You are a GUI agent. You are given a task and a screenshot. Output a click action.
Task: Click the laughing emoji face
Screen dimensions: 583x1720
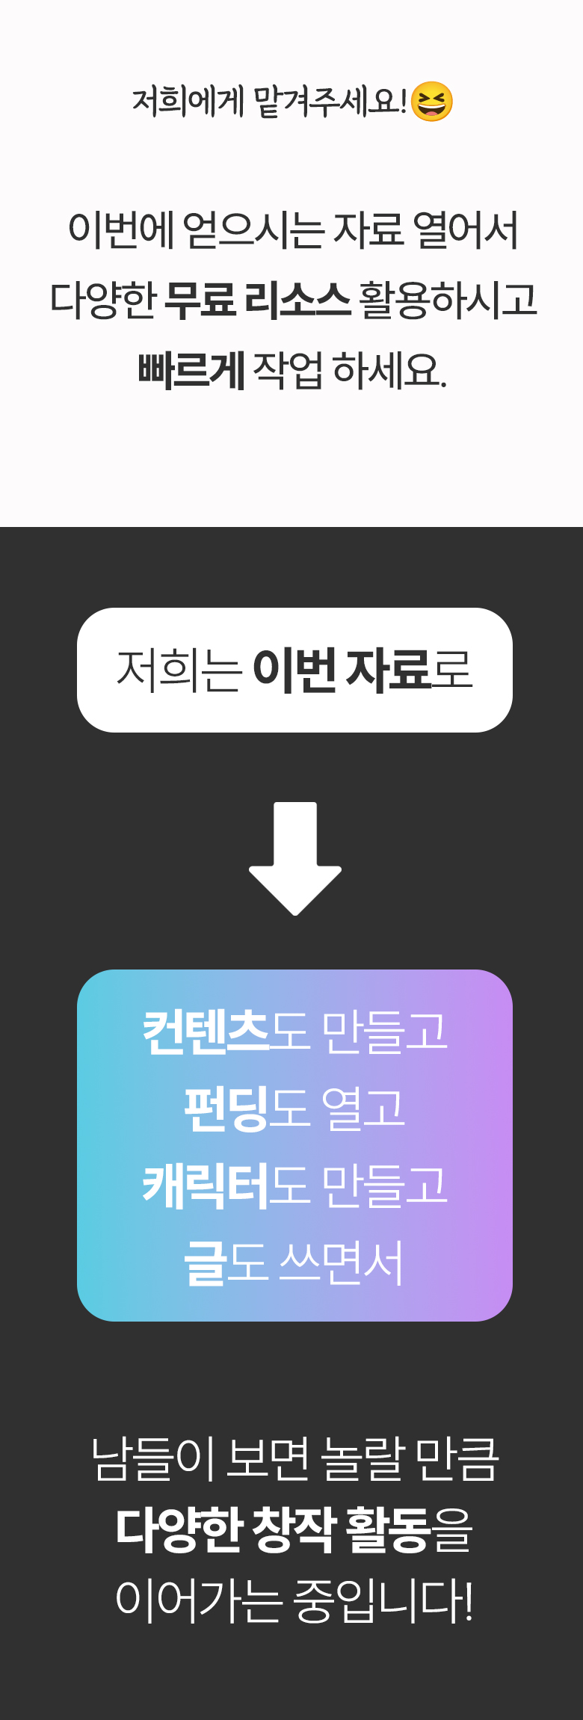coord(432,102)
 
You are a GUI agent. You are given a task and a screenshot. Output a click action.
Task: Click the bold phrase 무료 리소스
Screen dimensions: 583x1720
coord(257,299)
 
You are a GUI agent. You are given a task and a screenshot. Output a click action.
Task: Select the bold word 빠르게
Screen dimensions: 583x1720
coord(191,369)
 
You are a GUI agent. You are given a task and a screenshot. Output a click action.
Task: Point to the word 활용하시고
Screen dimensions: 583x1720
coord(448,299)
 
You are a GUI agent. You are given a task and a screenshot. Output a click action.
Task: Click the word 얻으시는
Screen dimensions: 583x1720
coord(253,229)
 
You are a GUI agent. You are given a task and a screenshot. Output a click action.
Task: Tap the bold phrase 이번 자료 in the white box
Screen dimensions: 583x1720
coord(342,669)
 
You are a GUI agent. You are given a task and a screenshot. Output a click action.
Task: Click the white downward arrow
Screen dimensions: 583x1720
coord(295,858)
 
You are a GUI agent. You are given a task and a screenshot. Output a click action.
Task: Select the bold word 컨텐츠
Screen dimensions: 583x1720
coord(206,1032)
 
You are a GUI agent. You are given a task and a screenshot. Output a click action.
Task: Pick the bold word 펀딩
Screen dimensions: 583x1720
coord(226,1109)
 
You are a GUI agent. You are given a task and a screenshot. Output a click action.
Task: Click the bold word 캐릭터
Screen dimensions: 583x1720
coord(206,1186)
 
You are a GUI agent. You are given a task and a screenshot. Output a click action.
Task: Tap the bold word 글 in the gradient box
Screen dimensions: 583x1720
coord(205,1263)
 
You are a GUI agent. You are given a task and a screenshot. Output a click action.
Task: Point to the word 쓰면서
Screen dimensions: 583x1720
coord(342,1263)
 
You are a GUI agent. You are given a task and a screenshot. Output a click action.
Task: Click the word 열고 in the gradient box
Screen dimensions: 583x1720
coord(363,1109)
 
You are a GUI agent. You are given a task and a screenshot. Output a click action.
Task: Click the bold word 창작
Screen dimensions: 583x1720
coord(294,1529)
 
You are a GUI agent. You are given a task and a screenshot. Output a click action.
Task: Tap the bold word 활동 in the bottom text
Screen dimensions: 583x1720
coord(389,1529)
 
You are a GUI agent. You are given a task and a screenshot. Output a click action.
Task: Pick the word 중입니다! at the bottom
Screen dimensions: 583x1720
coord(383,1601)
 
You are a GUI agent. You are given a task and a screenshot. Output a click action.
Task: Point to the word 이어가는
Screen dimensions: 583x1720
coord(199,1601)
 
